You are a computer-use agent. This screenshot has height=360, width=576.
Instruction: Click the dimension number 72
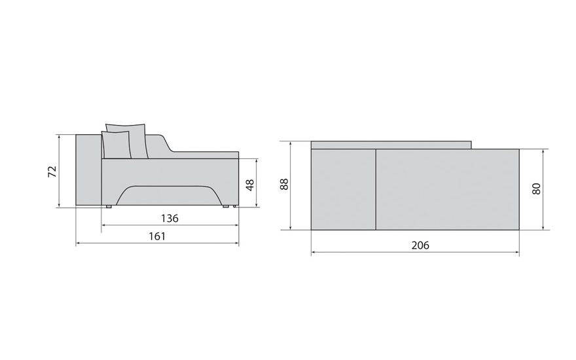pos(53,171)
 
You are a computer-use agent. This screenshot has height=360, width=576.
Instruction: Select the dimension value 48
pos(250,185)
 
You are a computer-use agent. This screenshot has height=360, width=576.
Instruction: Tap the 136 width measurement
pos(170,219)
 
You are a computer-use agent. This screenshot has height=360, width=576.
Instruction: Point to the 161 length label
pos(157,236)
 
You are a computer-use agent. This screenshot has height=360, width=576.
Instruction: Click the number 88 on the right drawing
pos(284,184)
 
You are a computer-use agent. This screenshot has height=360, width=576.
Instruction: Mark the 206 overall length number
pos(420,245)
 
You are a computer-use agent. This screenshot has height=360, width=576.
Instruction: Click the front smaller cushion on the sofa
pos(116,145)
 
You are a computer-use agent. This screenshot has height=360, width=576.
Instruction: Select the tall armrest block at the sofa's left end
pos(88,170)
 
